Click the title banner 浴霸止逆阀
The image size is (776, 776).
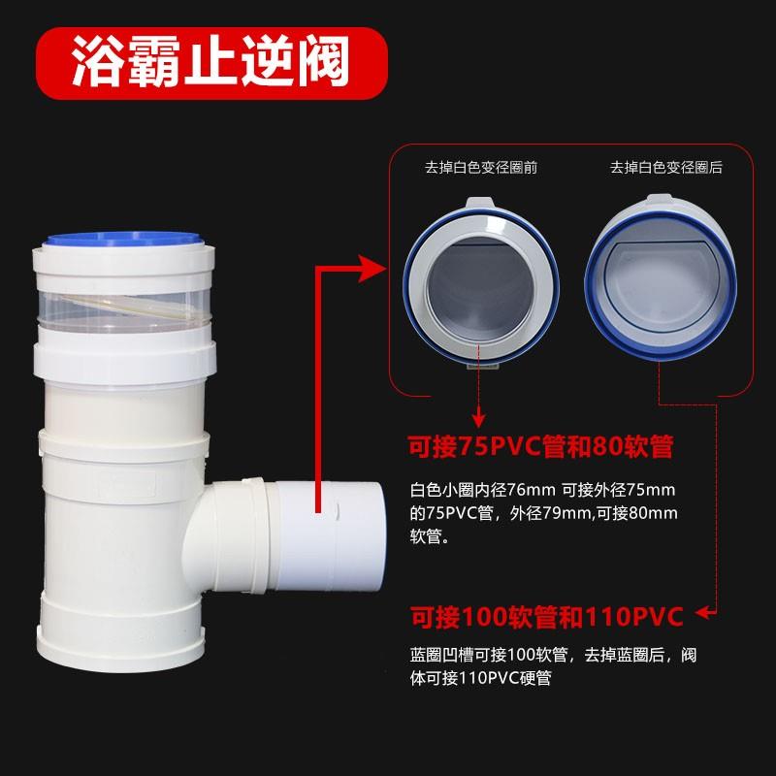click(x=210, y=61)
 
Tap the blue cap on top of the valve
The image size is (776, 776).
click(x=123, y=237)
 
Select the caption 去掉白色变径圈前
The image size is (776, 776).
click(x=480, y=168)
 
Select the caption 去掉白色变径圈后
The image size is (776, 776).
click(x=665, y=168)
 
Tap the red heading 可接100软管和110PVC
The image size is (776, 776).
click(x=546, y=615)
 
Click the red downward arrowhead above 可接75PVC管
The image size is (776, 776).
click(x=479, y=418)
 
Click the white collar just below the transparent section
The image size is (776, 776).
click(x=124, y=356)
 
